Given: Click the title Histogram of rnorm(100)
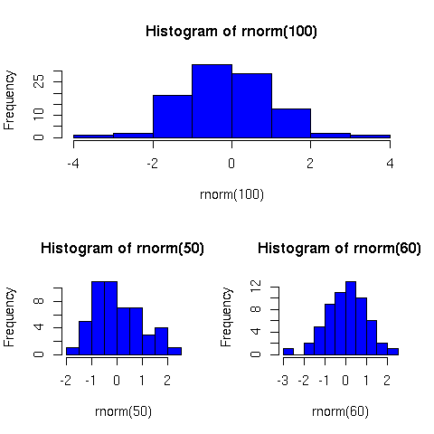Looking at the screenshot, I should (x=231, y=32).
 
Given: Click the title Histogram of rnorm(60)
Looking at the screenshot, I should (x=340, y=248).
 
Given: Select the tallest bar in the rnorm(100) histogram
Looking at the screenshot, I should (x=212, y=100).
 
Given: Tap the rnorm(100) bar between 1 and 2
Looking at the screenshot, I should (x=291, y=123).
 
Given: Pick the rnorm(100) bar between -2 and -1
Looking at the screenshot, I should (x=172, y=116).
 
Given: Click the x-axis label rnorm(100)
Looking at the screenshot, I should (x=231, y=194).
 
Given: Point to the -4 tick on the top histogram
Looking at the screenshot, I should (x=73, y=163).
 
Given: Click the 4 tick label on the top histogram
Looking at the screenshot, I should (x=391, y=163).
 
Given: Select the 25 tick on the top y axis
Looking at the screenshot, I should (x=40, y=81).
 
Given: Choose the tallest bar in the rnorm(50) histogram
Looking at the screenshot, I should (x=104, y=317).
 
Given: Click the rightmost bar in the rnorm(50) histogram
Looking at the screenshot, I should (x=174, y=351).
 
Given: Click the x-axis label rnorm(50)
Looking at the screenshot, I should (x=123, y=411).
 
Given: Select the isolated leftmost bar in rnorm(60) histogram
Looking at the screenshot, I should (x=288, y=351).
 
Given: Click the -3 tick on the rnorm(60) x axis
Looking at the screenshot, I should (x=283, y=380).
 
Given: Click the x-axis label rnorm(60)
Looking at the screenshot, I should (x=340, y=411).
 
